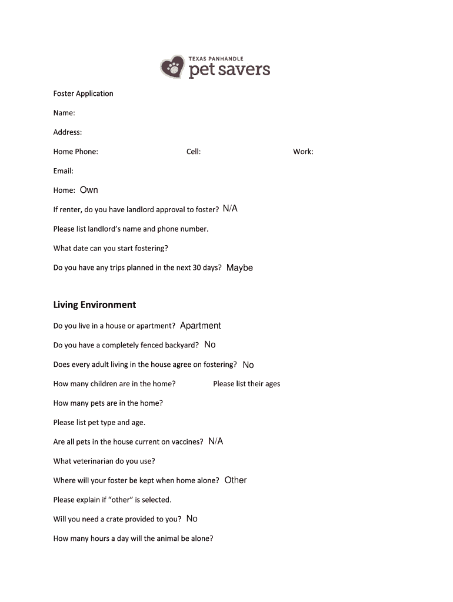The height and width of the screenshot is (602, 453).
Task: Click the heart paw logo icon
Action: [x=172, y=67]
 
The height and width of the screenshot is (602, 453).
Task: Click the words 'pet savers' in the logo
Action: [x=229, y=71]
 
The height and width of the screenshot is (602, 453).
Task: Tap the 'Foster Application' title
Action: [x=83, y=93]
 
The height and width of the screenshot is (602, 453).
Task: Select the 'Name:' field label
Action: [x=64, y=113]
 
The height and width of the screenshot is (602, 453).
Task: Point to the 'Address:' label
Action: [x=68, y=132]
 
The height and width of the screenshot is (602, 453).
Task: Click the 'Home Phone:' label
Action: [x=76, y=152]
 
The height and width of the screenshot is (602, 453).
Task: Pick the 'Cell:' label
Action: [x=194, y=152]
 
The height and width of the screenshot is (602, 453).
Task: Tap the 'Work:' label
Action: [x=303, y=152]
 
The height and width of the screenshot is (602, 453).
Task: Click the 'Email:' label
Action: [x=64, y=171]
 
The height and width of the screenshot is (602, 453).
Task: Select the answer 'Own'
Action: [x=89, y=190]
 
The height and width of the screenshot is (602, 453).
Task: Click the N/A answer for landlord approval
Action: [x=230, y=209]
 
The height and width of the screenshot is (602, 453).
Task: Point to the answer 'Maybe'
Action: [x=239, y=267]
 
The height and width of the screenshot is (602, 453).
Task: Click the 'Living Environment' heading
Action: [x=95, y=305]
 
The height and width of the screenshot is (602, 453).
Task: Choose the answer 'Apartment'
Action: [x=201, y=326]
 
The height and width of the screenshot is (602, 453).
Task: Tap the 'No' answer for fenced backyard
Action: [x=210, y=345]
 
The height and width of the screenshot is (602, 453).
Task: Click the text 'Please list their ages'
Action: [x=247, y=384]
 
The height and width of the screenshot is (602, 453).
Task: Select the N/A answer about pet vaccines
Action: [x=216, y=442]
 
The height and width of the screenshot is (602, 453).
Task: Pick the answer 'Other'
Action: [x=236, y=480]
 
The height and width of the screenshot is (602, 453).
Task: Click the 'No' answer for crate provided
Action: [x=192, y=519]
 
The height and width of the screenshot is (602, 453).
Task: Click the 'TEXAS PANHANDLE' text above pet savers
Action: [x=216, y=59]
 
